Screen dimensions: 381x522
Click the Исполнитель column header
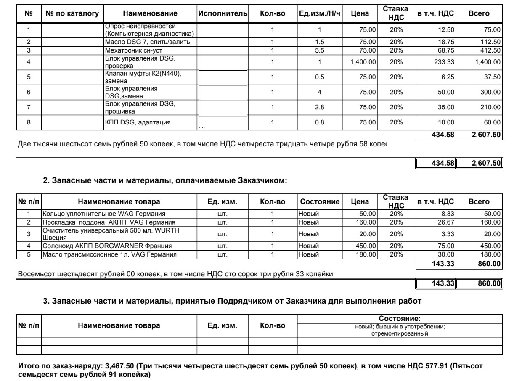click(x=223, y=13)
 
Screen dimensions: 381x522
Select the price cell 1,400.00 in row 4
click(x=363, y=62)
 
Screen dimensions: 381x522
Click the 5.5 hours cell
click(x=319, y=50)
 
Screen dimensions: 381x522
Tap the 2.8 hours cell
click(x=319, y=107)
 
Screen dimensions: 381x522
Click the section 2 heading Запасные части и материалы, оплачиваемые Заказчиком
click(x=165, y=180)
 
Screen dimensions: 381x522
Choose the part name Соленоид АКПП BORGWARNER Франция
click(x=107, y=246)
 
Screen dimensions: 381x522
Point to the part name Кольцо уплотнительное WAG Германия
click(x=103, y=214)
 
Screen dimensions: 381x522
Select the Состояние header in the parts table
click(x=319, y=201)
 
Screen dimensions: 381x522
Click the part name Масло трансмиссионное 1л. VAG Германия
click(x=109, y=254)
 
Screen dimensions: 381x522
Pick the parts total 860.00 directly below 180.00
click(x=489, y=264)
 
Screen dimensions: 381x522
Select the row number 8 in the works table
click(x=29, y=122)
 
